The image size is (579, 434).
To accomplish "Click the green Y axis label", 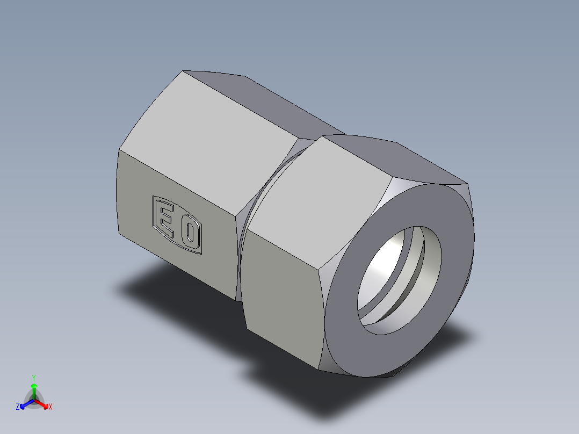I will click(x=34, y=378).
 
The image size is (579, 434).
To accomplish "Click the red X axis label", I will click(x=50, y=407).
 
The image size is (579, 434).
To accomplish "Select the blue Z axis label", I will click(x=18, y=407).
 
